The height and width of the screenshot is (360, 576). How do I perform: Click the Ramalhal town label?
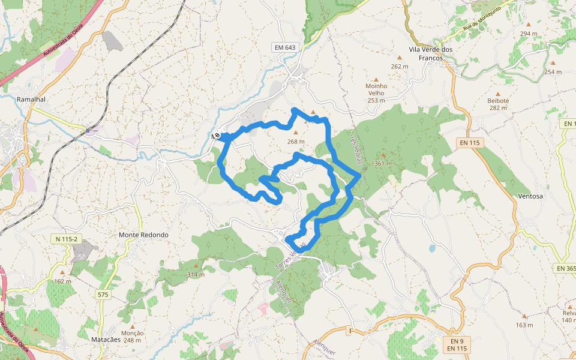point(32,99)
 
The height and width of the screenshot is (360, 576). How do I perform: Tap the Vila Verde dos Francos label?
point(430,53)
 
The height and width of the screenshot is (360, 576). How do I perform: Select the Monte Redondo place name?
point(143,235)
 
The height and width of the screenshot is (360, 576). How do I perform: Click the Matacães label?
point(106,340)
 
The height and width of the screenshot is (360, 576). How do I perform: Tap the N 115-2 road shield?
point(66,239)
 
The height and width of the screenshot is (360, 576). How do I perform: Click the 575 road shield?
point(103,295)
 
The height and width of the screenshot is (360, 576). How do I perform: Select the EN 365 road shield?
point(565,268)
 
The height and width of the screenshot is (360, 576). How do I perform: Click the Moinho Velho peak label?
point(376,89)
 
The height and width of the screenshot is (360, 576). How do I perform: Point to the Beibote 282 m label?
point(498,104)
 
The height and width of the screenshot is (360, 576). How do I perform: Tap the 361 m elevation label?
point(383,164)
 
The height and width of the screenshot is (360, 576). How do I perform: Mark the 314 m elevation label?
point(196,274)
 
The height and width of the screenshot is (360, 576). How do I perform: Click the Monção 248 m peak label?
point(132,337)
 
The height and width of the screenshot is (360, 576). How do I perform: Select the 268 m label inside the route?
point(296,142)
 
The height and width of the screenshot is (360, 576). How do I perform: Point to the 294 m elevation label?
point(529,34)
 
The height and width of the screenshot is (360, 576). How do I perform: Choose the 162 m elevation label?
point(62,281)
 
